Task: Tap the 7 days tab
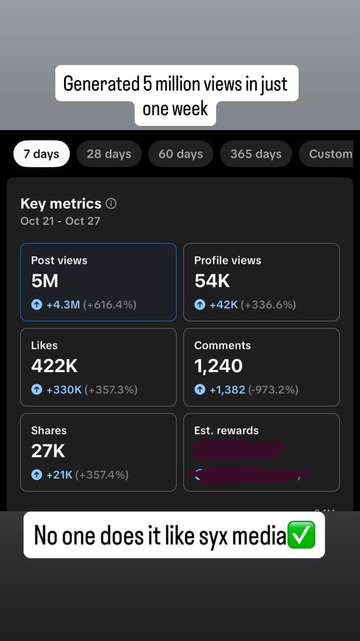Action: pyautogui.click(x=42, y=154)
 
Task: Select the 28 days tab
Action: pyautogui.click(x=109, y=154)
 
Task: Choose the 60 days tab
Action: pyautogui.click(x=181, y=154)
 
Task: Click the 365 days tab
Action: pyautogui.click(x=256, y=154)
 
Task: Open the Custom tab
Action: pyautogui.click(x=330, y=154)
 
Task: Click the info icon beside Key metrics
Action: pyautogui.click(x=111, y=204)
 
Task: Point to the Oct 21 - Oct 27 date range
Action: pyautogui.click(x=60, y=221)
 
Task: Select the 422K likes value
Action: pyautogui.click(x=55, y=366)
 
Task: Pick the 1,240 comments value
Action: pyautogui.click(x=218, y=366)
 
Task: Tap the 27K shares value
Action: pyautogui.click(x=48, y=451)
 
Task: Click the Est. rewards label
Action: pyautogui.click(x=227, y=431)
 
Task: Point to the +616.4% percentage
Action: pyautogui.click(x=110, y=305)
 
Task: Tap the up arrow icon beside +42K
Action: pyautogui.click(x=200, y=305)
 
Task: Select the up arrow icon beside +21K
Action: pyautogui.click(x=37, y=475)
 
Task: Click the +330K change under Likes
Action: pyautogui.click(x=64, y=390)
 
